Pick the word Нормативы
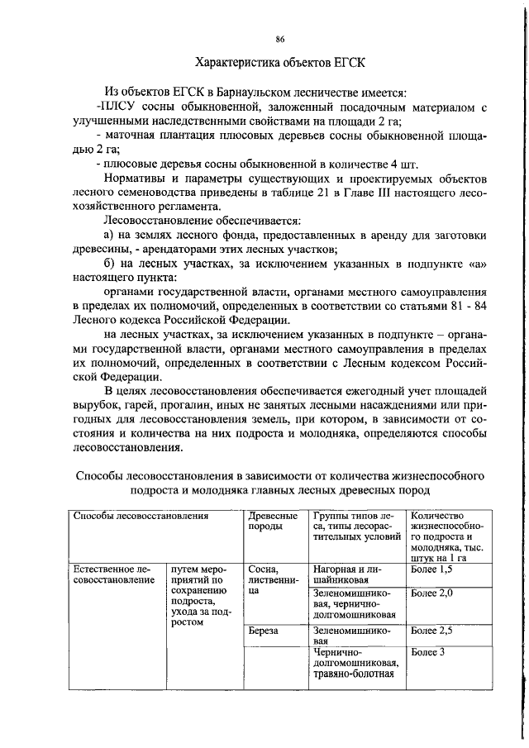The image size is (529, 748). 136,179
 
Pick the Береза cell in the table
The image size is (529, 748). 262,630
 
